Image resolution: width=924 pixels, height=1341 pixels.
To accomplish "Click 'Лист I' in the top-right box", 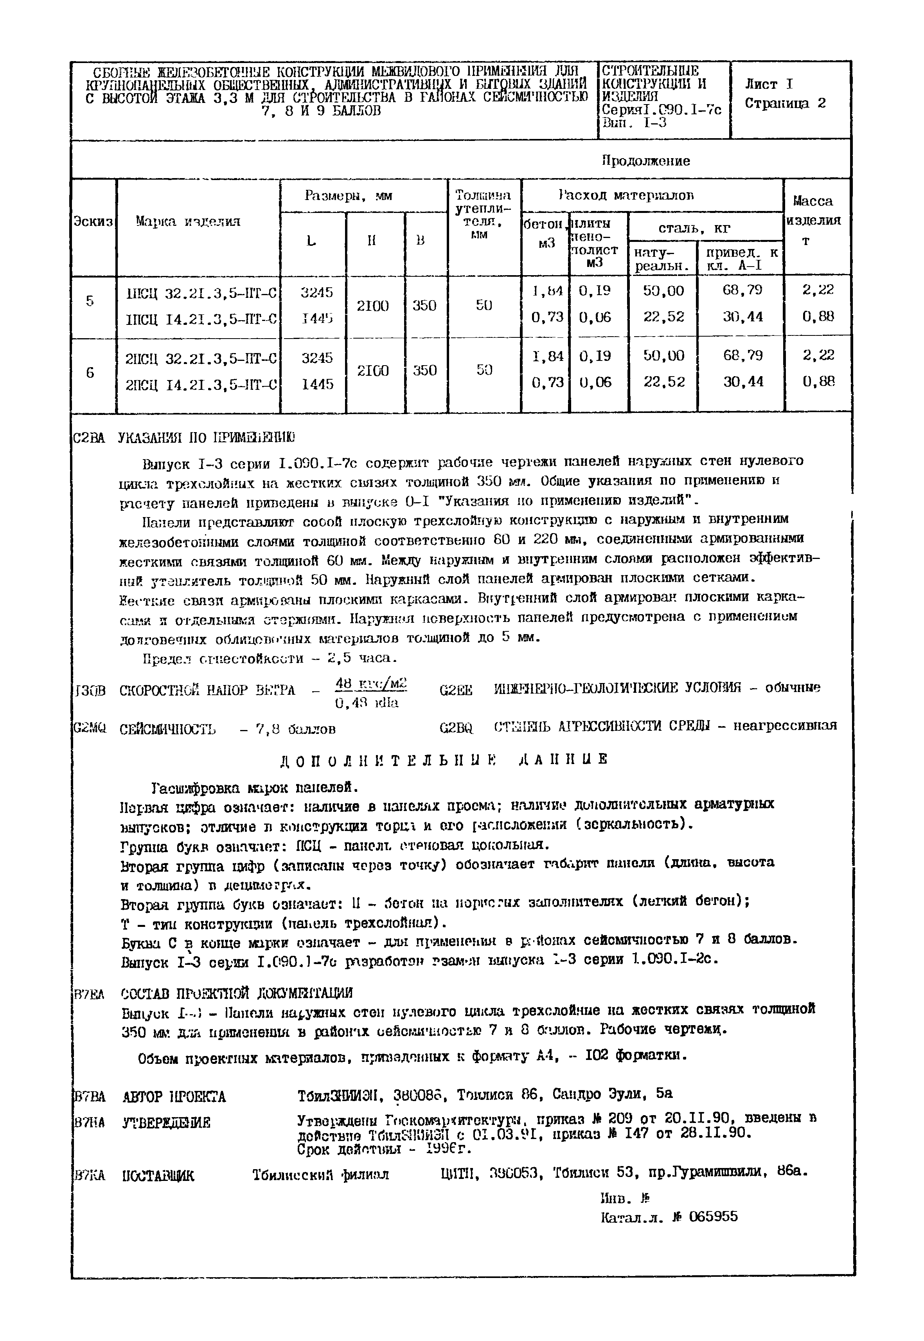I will click(x=768, y=84).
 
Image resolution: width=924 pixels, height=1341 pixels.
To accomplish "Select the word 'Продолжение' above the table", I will click(x=645, y=160).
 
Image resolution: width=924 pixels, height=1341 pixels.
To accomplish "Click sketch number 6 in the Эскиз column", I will click(x=90, y=373).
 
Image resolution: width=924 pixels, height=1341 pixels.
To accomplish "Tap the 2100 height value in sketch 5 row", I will click(x=372, y=305).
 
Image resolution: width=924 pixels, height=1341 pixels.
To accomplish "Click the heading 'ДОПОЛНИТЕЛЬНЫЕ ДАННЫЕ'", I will click(x=444, y=759).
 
